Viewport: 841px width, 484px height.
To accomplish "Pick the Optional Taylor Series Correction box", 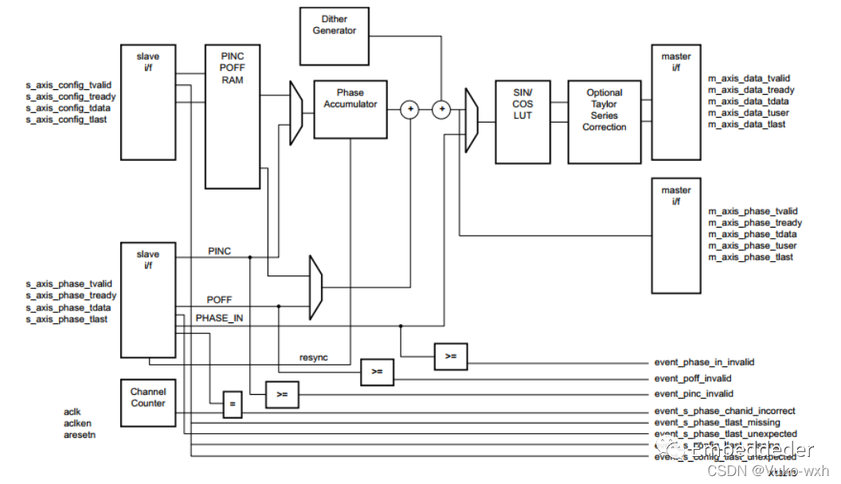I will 604,121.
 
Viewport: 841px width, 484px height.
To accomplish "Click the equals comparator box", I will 232,404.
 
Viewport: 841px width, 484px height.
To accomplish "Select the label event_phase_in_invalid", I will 704,362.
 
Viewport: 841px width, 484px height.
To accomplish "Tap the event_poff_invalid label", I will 693,379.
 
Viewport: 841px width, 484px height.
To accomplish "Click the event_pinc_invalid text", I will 693,394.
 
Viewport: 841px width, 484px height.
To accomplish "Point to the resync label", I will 314,357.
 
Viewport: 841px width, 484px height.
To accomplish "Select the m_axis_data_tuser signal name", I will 749,113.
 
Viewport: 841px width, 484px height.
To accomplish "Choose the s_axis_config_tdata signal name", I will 68,107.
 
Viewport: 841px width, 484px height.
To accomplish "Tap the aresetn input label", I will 80,435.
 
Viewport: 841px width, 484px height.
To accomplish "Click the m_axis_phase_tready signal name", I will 755,223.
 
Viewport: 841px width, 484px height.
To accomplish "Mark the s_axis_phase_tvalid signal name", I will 68,284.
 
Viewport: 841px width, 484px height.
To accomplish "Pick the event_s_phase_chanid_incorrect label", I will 725,411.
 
